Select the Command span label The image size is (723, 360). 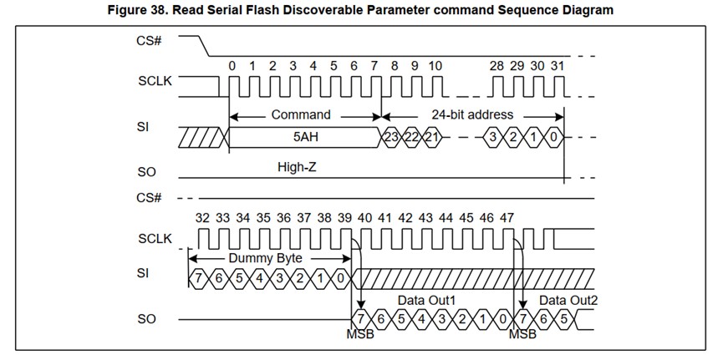(x=301, y=114)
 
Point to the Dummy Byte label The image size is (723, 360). (x=265, y=258)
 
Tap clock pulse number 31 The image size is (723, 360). (x=558, y=65)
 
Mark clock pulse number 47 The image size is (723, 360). (x=507, y=217)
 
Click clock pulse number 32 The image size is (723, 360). (x=202, y=217)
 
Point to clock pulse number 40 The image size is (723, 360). (x=364, y=217)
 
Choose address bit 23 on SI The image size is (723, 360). (x=391, y=136)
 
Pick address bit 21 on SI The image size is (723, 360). (x=430, y=136)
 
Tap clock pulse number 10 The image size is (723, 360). (x=435, y=65)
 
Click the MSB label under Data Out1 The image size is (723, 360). (x=359, y=335)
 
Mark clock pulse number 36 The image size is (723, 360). (x=283, y=217)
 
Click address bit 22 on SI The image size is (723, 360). (x=410, y=136)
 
